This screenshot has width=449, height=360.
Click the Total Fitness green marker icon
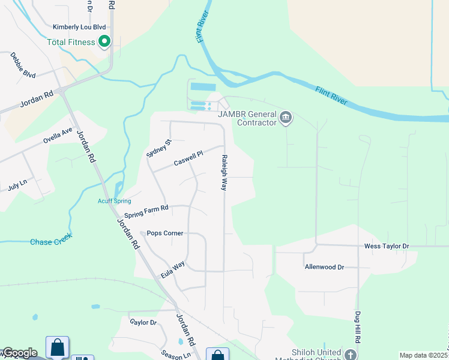[104, 42]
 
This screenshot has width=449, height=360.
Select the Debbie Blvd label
[22, 65]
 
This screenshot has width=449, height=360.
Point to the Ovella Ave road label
[58, 136]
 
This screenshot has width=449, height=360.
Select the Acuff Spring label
[114, 201]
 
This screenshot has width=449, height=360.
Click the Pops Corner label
[165, 233]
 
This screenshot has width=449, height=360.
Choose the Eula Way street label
[173, 269]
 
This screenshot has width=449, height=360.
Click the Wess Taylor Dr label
[387, 246]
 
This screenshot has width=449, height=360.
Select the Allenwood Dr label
[324, 267]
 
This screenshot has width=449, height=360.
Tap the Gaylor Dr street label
[143, 322]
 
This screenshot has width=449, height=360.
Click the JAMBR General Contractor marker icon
[286, 117]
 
